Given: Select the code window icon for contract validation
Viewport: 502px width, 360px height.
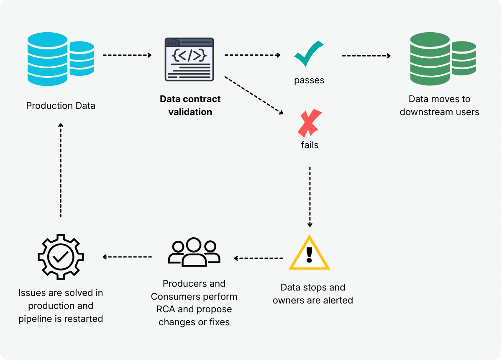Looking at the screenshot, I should click(x=189, y=59).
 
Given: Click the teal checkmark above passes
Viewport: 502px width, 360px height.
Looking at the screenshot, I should click(x=309, y=54).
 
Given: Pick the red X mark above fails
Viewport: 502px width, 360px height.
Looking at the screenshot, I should click(x=310, y=123).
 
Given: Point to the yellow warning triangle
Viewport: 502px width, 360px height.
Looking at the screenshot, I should click(x=309, y=254).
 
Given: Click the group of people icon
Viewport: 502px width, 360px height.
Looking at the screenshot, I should click(x=194, y=252).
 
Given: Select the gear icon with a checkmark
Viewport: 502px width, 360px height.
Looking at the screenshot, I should click(x=61, y=257).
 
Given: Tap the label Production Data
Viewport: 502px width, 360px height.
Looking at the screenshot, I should click(x=61, y=106).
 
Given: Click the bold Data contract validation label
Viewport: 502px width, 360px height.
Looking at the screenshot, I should click(x=190, y=105).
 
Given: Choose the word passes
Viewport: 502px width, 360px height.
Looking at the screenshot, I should click(x=309, y=80).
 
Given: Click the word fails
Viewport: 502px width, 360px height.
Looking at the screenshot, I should click(x=310, y=145).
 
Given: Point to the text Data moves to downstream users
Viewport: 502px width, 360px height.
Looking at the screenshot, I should click(x=439, y=105).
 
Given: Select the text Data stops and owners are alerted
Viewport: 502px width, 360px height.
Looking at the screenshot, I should click(x=312, y=294).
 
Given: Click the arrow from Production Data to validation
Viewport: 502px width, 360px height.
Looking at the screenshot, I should click(x=127, y=55).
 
